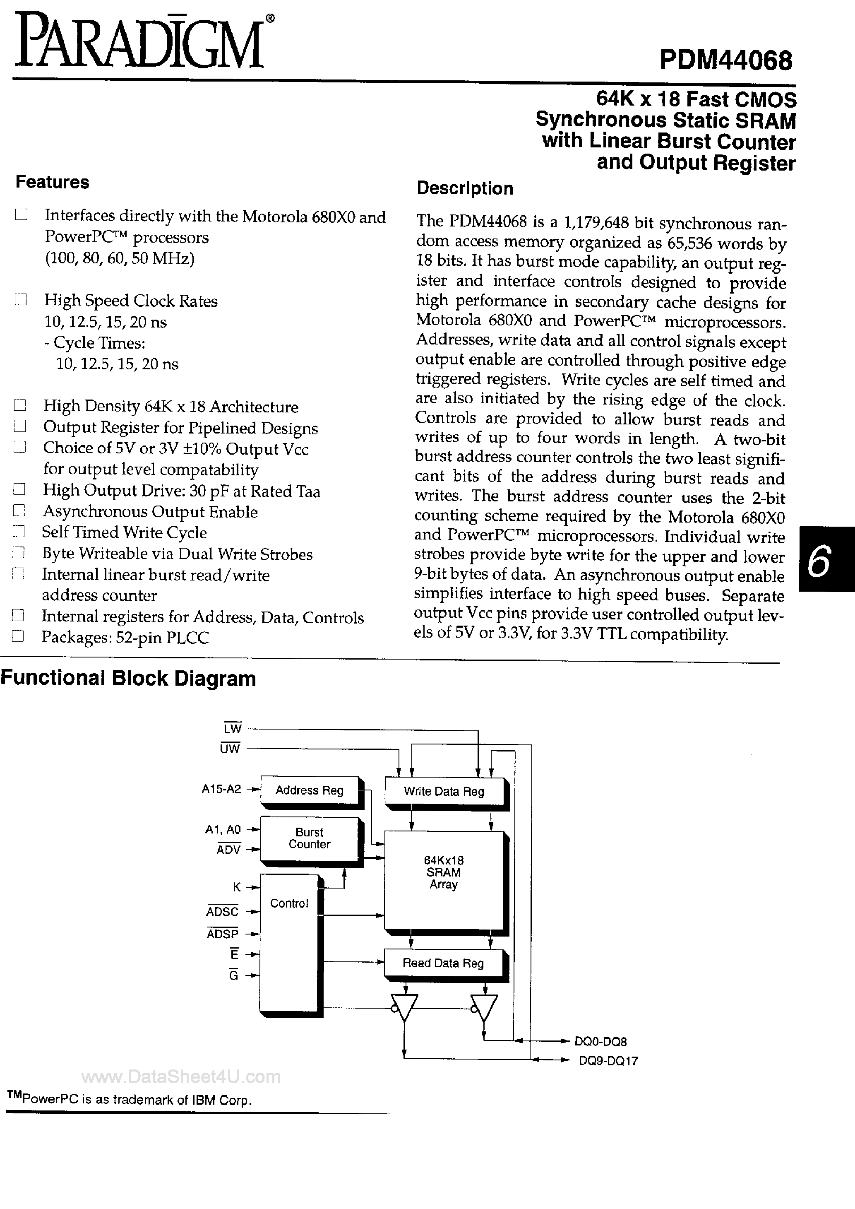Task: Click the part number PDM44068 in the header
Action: (725, 60)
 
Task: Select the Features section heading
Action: (52, 182)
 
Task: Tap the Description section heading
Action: (464, 188)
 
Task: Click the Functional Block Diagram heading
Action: (128, 678)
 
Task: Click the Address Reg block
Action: (310, 790)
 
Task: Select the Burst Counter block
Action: (310, 838)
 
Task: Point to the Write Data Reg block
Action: (444, 791)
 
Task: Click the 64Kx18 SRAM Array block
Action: (444, 872)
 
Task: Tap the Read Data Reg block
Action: (443, 963)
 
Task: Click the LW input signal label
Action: (232, 729)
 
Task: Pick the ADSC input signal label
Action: (223, 911)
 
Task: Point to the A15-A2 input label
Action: (221, 789)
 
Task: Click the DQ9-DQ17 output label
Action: (608, 1061)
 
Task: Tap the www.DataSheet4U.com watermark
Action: (181, 1077)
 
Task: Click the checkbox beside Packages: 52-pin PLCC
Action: (19, 637)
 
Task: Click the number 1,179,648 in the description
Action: (596, 222)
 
